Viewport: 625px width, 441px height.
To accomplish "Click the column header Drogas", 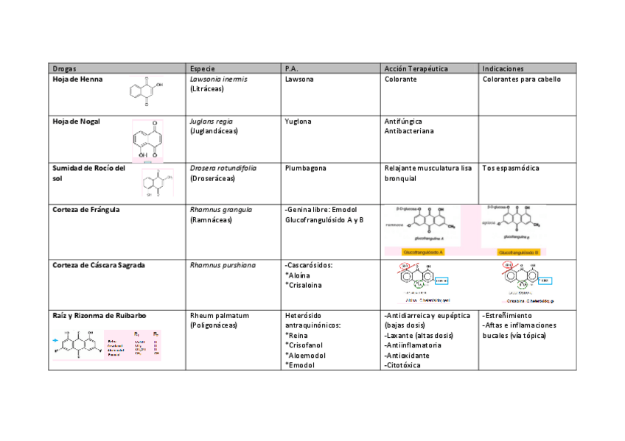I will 64,68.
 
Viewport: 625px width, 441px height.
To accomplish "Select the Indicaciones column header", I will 503,68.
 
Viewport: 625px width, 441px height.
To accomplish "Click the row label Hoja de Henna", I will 77,79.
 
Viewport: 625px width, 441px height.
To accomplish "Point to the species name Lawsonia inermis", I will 218,79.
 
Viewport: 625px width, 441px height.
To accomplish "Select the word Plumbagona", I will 305,168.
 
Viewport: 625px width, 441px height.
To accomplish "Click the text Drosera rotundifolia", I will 223,168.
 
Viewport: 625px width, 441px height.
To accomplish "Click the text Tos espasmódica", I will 510,168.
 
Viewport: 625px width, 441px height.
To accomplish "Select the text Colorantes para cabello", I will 521,79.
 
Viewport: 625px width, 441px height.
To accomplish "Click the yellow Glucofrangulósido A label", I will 418,252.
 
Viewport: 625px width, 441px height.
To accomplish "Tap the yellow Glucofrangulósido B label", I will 519,252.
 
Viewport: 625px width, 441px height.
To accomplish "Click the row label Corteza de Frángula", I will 85,209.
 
